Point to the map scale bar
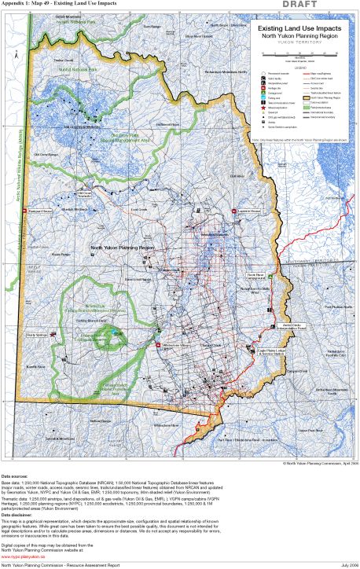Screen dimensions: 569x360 coord(300,53)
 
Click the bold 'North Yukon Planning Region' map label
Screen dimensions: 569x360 coord(122,247)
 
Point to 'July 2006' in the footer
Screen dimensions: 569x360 coord(344,564)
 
